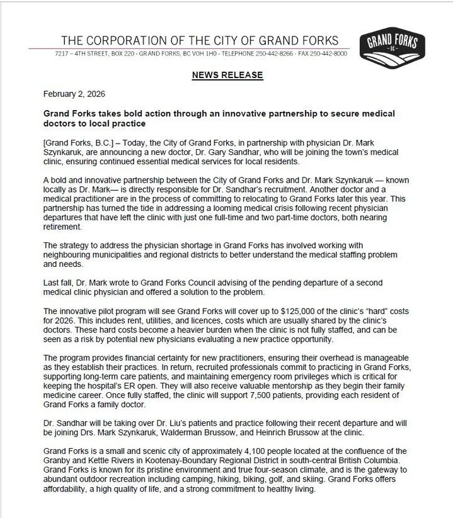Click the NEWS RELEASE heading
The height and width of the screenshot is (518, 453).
227,75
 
